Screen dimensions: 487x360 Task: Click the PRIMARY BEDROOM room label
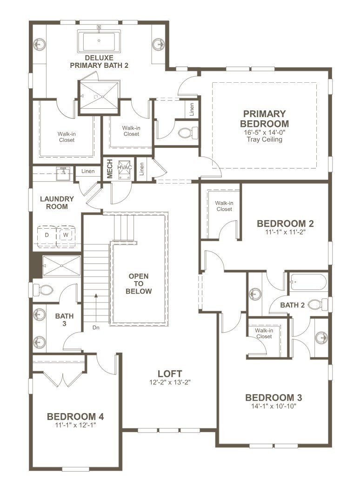pyautogui.click(x=264, y=118)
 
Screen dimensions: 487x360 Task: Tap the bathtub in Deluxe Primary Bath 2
pyautogui.click(x=100, y=41)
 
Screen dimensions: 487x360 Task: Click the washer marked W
pyautogui.click(x=66, y=235)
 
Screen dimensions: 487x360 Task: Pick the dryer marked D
pyautogui.click(x=47, y=235)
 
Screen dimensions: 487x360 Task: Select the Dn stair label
pyautogui.click(x=96, y=327)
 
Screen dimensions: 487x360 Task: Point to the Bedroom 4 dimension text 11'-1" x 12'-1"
pyautogui.click(x=75, y=425)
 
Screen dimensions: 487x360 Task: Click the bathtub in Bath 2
pyautogui.click(x=308, y=282)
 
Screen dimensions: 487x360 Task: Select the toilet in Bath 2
pyautogui.click(x=319, y=304)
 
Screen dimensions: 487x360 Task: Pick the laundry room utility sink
pyautogui.click(x=62, y=173)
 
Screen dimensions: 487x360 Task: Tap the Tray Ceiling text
pyautogui.click(x=264, y=139)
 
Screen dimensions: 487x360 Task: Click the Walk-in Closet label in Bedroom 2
pyautogui.click(x=224, y=206)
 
